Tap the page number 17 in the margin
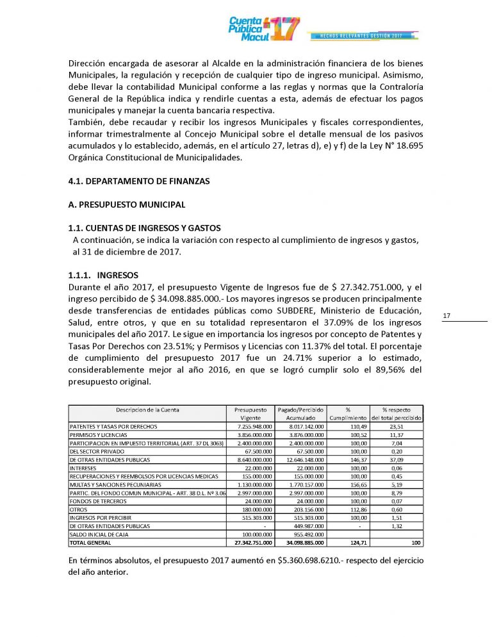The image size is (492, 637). (447, 315)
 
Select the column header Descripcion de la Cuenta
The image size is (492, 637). (147, 409)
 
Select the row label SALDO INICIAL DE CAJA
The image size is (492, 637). (97, 534)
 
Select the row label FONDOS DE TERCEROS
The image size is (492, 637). (94, 500)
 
